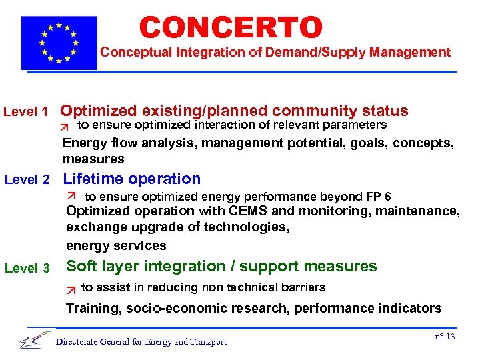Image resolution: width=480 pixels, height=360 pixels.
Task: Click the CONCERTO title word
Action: click(231, 27)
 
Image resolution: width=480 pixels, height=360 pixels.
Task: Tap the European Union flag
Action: click(59, 42)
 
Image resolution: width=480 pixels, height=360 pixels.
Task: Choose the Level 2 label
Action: click(27, 179)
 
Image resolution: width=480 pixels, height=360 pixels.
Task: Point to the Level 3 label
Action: click(27, 268)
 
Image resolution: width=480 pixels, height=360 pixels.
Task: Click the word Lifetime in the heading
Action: click(93, 179)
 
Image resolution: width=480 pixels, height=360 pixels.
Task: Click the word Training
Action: click(92, 308)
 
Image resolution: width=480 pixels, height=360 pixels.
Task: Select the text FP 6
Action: click(379, 196)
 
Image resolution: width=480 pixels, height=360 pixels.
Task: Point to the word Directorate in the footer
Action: click(78, 342)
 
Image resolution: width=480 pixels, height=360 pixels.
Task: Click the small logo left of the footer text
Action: click(35, 340)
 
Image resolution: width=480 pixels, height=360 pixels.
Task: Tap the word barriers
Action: click(303, 287)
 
